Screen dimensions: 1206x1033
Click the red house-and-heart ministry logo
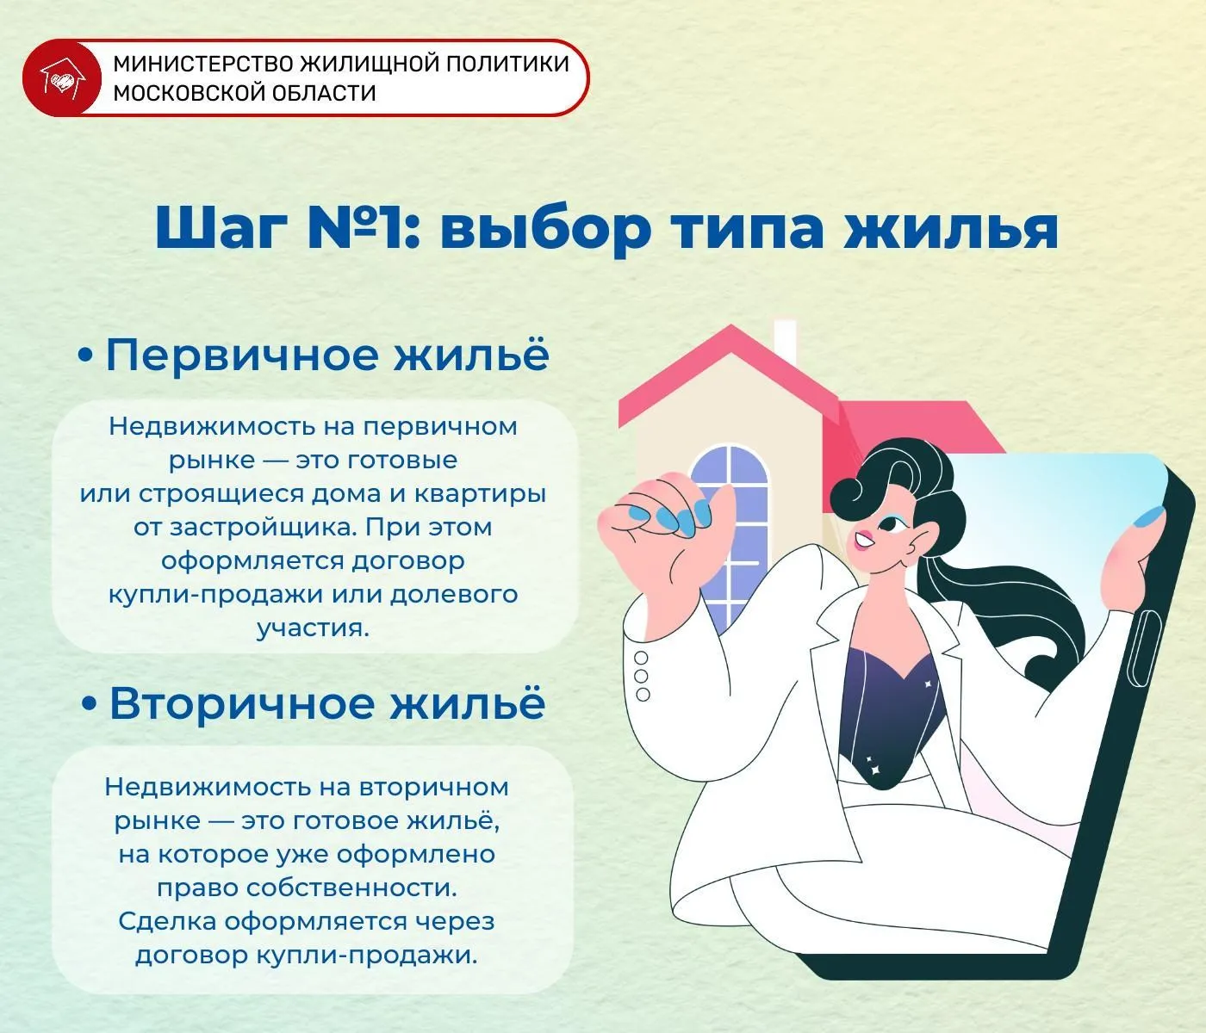click(x=62, y=78)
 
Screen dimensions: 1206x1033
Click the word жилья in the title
click(x=952, y=228)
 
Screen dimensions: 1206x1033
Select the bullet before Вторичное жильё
click(x=90, y=703)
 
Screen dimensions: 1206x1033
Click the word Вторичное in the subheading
click(x=242, y=703)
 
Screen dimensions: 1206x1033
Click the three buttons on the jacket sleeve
click(x=642, y=677)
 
